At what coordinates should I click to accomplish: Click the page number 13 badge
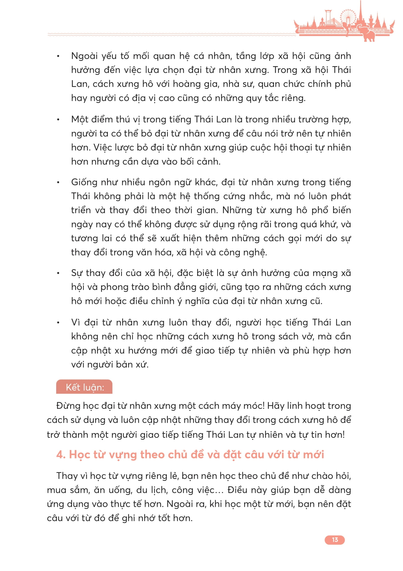pos(335,540)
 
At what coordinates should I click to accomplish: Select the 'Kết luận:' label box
pos(84,387)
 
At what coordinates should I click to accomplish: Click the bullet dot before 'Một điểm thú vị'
pos(59,120)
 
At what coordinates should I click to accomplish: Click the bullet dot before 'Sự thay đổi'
pos(59,273)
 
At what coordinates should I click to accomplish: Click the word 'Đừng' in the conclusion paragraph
pos(67,406)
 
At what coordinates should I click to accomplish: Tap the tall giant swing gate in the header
pos(328,18)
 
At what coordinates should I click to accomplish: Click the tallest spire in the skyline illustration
pos(360,12)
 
